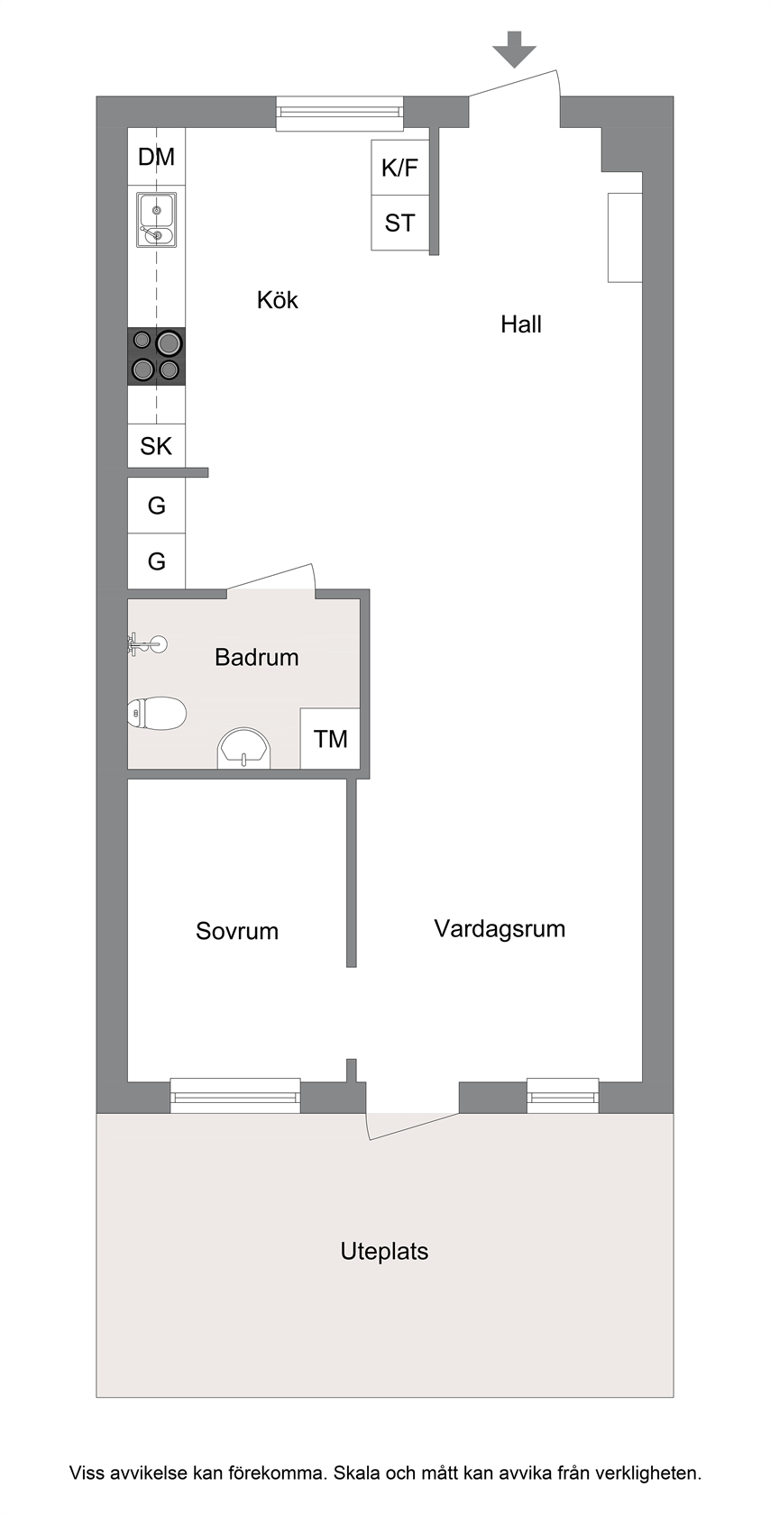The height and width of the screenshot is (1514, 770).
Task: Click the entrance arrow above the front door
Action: [x=514, y=50]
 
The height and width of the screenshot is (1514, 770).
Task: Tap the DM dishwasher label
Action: [x=156, y=157]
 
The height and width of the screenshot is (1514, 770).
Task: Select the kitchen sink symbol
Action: [x=156, y=220]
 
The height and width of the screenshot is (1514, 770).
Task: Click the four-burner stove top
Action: [x=156, y=357]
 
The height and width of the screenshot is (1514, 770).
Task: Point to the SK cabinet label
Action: [x=156, y=446]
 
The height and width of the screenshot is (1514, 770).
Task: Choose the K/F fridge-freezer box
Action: [x=400, y=168]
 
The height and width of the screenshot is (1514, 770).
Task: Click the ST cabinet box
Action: [x=400, y=223]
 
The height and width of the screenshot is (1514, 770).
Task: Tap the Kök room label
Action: [x=277, y=300]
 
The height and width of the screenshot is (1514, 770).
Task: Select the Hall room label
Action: [x=521, y=324]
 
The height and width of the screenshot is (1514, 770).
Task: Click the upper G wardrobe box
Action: [x=157, y=506]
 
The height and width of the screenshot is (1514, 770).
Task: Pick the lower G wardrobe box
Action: [x=157, y=561]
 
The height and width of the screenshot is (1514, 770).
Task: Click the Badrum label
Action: [x=257, y=657]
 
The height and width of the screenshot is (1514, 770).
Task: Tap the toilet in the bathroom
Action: [x=157, y=713]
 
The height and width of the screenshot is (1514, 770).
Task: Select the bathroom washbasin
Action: [x=243, y=748]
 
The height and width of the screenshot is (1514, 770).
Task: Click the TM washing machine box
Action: [x=330, y=739]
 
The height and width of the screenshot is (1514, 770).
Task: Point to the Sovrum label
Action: [x=237, y=931]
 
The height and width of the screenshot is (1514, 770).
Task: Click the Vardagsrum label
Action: [x=500, y=928]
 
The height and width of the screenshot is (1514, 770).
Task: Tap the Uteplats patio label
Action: [x=384, y=1251]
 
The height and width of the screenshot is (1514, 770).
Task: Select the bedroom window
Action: [x=235, y=1095]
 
